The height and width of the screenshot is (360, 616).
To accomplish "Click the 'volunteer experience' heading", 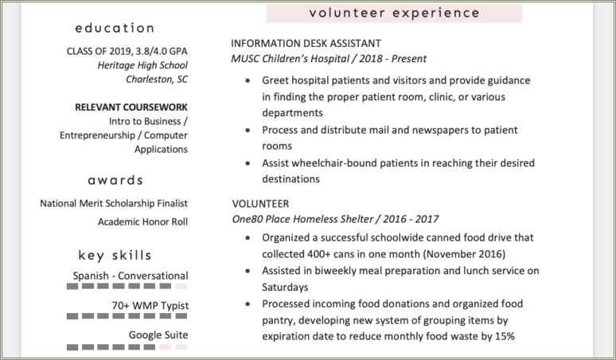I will [394, 13].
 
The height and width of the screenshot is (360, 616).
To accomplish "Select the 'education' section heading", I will [115, 28].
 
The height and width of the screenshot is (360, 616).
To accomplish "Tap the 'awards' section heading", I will [115, 180].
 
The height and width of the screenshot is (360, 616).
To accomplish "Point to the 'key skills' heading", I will [115, 256].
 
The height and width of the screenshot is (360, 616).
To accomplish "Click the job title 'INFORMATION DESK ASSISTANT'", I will [306, 43].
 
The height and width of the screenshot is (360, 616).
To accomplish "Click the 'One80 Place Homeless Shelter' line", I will [306, 218].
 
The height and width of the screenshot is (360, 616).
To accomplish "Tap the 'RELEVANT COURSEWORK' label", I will [131, 107].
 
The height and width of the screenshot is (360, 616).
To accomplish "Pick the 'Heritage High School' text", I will [142, 65].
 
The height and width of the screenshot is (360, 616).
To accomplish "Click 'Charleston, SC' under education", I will [157, 79].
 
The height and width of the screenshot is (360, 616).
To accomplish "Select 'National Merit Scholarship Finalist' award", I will [114, 203].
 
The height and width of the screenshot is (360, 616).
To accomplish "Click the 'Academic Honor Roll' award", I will [142, 221].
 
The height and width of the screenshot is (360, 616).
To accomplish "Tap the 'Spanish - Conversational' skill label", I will [131, 276].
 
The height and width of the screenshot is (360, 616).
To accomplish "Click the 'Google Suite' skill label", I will [158, 335].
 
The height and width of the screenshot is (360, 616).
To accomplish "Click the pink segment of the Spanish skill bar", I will [181, 286].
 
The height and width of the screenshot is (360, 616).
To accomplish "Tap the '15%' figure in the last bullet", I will [503, 335].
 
